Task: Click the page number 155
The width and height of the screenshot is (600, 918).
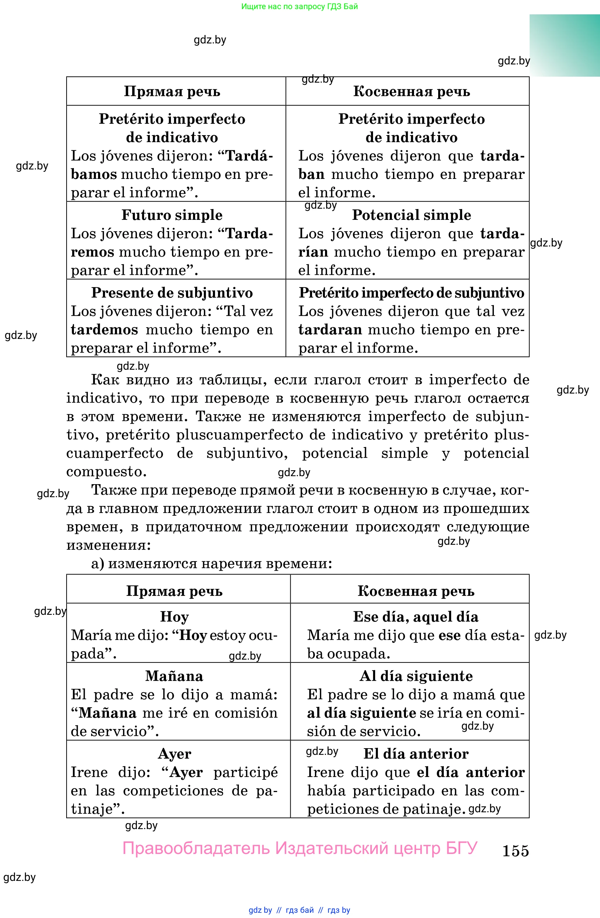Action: [515, 850]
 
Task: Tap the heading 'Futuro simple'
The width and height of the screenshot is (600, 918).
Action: [172, 215]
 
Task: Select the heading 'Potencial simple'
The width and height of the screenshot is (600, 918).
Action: [411, 215]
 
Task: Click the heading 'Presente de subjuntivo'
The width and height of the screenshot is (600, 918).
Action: [172, 293]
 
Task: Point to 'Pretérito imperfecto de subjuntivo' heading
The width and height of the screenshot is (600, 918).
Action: [411, 293]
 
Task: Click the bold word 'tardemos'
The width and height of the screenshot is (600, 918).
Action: [104, 330]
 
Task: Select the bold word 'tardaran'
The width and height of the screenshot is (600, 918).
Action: [330, 330]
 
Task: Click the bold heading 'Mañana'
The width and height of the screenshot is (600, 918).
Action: [174, 676]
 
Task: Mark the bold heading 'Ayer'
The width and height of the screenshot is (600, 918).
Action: [174, 754]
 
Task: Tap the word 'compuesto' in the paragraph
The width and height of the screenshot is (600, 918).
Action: [106, 472]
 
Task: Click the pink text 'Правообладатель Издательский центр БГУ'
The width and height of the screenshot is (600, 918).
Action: [300, 848]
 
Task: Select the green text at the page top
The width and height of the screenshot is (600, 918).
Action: [299, 7]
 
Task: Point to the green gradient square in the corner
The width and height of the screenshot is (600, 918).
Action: [565, 46]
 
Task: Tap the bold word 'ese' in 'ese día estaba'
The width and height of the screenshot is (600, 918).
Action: [449, 635]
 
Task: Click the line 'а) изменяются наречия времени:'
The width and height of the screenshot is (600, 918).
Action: [212, 564]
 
